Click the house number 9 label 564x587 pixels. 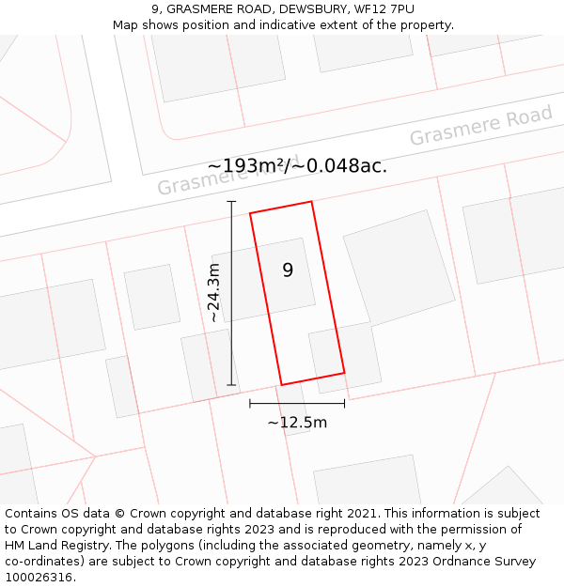coord(288,270)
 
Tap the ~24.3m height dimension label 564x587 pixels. coord(214,293)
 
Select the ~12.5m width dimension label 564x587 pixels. coord(297,423)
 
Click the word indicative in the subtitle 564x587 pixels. coord(275,25)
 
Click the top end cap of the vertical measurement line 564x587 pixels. coord(231,201)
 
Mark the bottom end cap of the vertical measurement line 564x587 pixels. coord(231,385)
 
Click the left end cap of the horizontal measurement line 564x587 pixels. coord(250,404)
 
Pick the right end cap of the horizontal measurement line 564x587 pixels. coord(345,404)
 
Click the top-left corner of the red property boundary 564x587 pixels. coord(250,214)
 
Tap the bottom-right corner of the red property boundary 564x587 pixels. coord(344,373)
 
